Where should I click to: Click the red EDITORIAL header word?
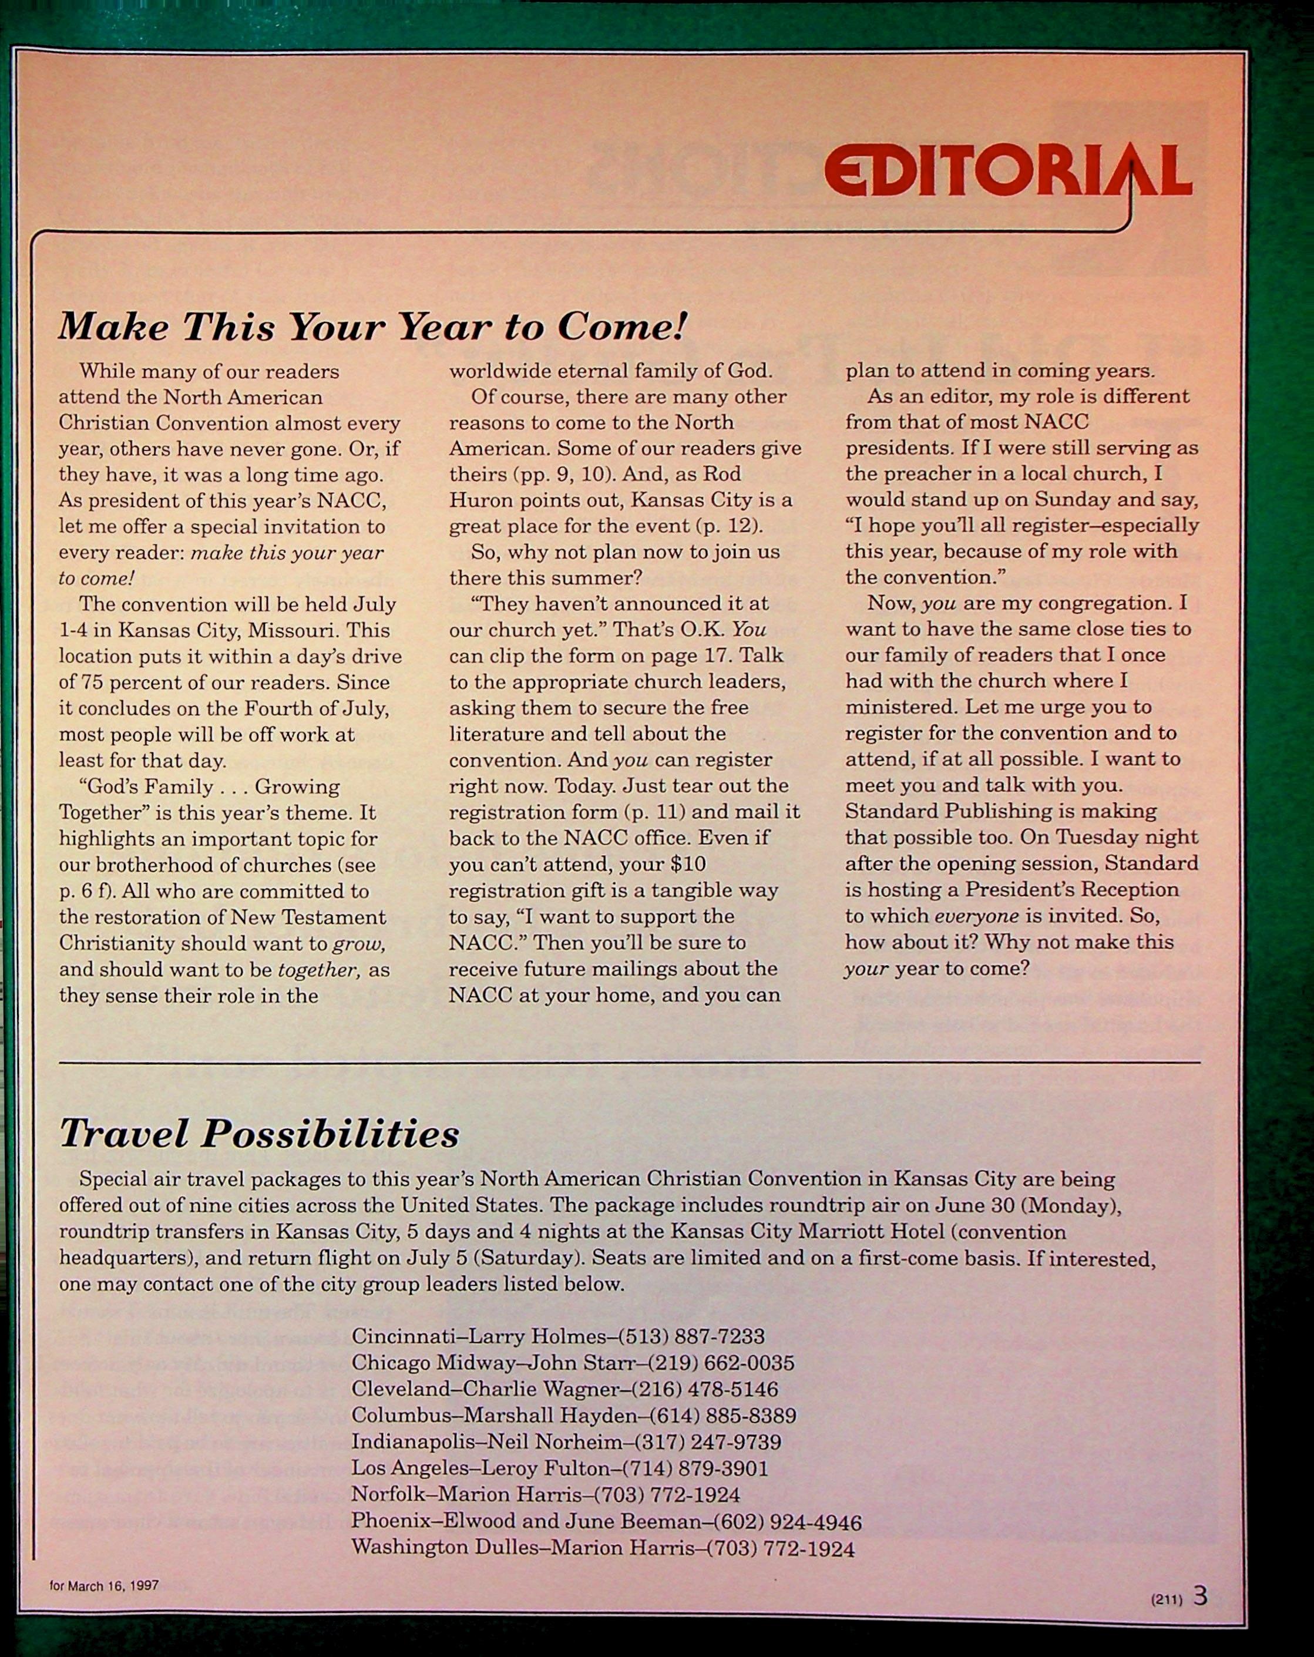(x=1007, y=170)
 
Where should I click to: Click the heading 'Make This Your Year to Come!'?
(x=372, y=327)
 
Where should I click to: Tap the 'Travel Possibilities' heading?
(x=259, y=1134)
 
